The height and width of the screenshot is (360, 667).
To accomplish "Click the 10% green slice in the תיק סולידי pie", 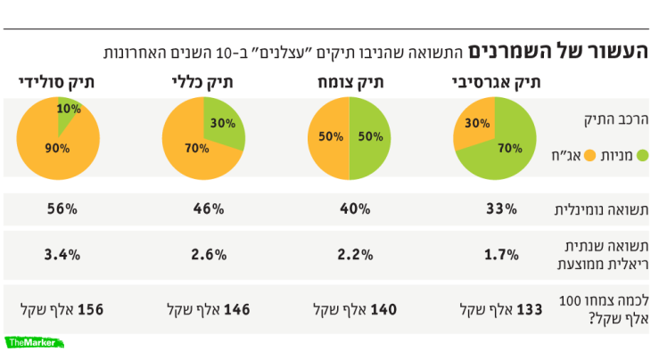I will (x=67, y=110).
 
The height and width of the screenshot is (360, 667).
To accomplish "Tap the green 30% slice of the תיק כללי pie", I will (x=224, y=124).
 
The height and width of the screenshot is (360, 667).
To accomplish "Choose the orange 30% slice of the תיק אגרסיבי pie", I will (x=475, y=124).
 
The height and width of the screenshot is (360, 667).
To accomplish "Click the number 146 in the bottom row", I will (x=238, y=310).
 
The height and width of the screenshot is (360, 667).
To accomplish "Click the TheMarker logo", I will (x=33, y=342).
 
